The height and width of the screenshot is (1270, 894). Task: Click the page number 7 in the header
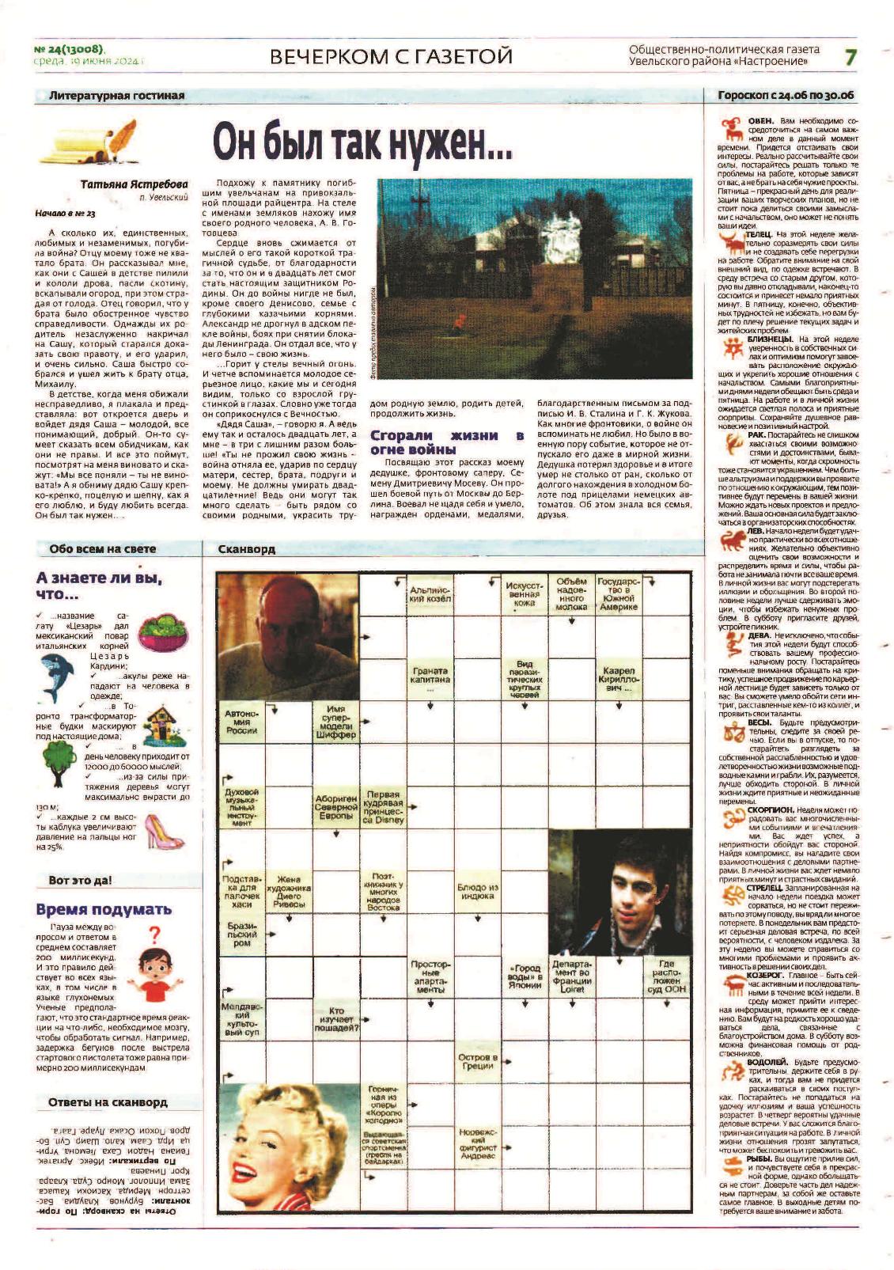pos(850,57)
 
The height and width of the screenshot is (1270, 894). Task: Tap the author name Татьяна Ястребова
pos(134,184)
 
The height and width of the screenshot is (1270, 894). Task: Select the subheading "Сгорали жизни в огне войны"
pos(446,442)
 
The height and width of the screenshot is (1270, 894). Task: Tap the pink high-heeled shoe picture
pos(164,831)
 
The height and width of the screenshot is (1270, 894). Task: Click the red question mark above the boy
pos(155,934)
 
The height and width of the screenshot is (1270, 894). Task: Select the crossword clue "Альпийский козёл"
pos(430,594)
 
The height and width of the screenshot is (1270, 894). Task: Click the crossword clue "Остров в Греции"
pos(477,1062)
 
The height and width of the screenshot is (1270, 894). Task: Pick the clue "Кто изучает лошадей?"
pos(335,1019)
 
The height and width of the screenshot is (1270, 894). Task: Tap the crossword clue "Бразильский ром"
pos(241,934)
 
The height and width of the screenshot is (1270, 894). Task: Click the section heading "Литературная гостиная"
pos(116,96)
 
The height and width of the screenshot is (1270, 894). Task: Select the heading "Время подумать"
pos(104,909)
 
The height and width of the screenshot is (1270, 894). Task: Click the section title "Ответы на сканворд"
pos(108,1101)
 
